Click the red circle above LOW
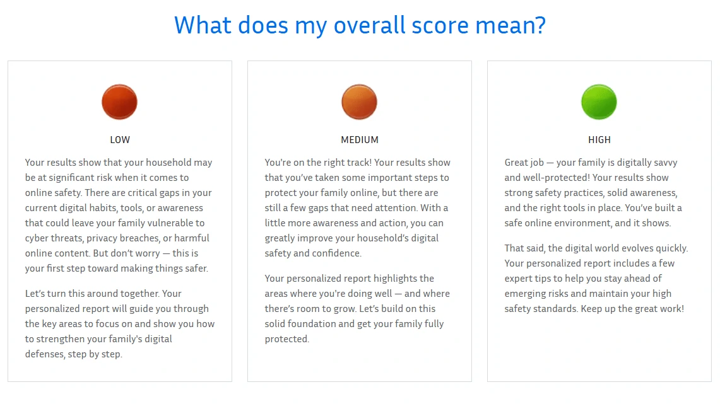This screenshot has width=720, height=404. (119, 102)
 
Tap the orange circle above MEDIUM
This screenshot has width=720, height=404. (359, 102)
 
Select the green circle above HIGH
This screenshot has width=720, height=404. (599, 102)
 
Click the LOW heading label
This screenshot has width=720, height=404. (120, 140)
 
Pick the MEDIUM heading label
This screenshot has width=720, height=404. (360, 140)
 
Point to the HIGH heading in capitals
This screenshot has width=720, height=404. (599, 140)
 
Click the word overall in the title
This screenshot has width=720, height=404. (369, 25)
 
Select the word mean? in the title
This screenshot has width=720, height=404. (510, 26)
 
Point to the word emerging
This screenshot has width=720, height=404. (524, 294)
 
